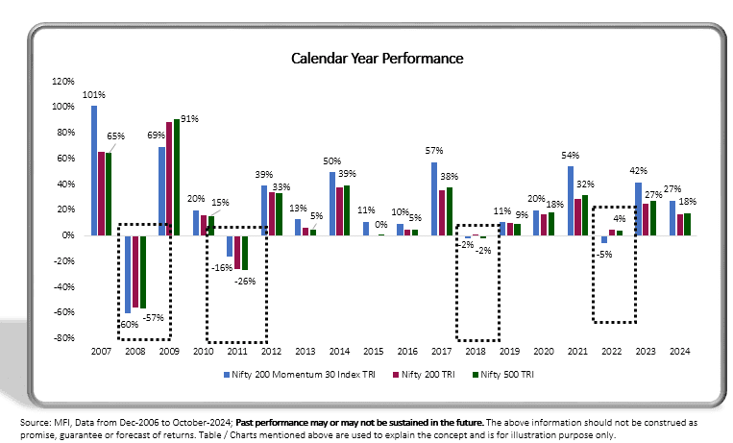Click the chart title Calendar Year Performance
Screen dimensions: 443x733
[378, 59]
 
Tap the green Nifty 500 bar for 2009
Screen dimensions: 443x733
[176, 178]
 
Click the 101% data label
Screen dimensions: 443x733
[94, 95]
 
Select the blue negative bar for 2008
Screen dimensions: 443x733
[127, 274]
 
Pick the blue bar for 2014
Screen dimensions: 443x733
[332, 203]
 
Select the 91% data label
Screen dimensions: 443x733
[189, 119]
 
